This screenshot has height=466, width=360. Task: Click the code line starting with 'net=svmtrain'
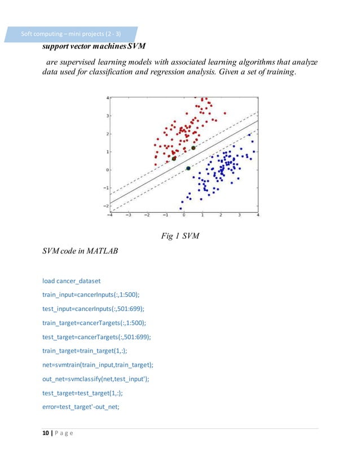pyautogui.click(x=98, y=364)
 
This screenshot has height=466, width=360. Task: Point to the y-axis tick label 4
pyautogui.click(x=108, y=98)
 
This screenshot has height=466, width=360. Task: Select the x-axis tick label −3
pyautogui.click(x=128, y=214)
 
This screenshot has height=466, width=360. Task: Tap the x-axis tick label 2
pyautogui.click(x=221, y=214)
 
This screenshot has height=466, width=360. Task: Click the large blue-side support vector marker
pyautogui.click(x=188, y=168)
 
